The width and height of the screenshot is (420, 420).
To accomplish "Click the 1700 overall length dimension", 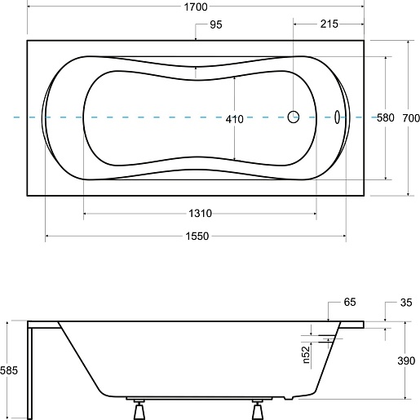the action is click(x=196, y=7).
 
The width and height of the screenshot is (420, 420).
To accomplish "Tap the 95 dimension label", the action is click(x=216, y=24).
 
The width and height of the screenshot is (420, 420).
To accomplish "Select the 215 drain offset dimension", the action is click(x=329, y=24).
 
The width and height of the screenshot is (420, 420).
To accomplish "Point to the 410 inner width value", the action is click(x=234, y=119).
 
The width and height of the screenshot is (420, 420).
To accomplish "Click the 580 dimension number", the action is click(x=386, y=117).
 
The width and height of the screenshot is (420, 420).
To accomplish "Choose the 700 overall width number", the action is click(x=411, y=118).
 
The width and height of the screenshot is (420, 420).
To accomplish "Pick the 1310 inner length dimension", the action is click(x=200, y=214).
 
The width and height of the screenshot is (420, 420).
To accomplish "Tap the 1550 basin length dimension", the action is click(x=197, y=236).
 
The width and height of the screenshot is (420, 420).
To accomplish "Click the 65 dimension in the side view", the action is click(x=350, y=302).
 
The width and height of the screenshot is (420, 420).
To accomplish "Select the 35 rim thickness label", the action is click(x=406, y=303).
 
